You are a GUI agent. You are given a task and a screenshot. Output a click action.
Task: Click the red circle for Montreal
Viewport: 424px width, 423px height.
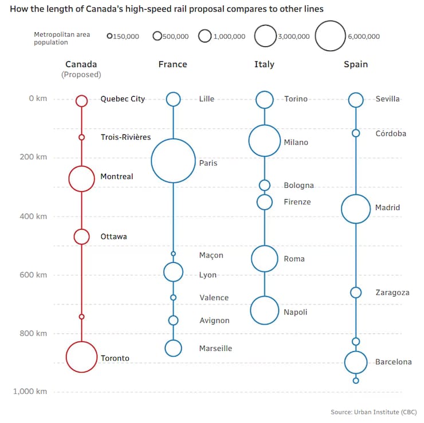pyautogui.click(x=81, y=179)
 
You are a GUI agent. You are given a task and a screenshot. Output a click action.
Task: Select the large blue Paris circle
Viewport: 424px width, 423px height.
pyautogui.click(x=173, y=161)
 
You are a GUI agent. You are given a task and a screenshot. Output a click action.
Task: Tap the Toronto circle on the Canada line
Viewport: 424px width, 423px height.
pyautogui.click(x=81, y=357)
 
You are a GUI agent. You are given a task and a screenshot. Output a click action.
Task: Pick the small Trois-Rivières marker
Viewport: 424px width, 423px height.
pyautogui.click(x=81, y=137)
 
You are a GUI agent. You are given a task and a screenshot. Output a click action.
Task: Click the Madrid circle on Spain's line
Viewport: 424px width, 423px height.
pyautogui.click(x=356, y=209)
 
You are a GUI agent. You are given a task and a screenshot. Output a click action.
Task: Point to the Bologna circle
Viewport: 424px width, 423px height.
pyautogui.click(x=264, y=185)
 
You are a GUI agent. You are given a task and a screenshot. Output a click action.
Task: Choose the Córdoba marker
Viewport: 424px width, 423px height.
pyautogui.click(x=356, y=133)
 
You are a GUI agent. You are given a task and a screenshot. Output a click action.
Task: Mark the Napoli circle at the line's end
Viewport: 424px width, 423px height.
pyautogui.click(x=264, y=311)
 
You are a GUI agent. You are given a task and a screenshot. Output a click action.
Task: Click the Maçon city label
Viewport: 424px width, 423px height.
pyautogui.click(x=211, y=255)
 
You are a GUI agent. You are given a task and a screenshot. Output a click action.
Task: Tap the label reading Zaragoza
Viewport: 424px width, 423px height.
pyautogui.click(x=392, y=292)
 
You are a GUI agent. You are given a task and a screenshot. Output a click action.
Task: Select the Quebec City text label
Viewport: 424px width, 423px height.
pyautogui.click(x=123, y=99)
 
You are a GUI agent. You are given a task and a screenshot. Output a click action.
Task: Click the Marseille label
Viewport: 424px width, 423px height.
pyautogui.click(x=215, y=348)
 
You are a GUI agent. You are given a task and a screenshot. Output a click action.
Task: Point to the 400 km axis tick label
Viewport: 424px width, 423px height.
pyautogui.click(x=34, y=216)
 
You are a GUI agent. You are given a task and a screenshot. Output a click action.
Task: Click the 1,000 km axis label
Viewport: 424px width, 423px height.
pyautogui.click(x=30, y=392)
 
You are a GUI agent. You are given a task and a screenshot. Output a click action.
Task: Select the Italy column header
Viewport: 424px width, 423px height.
pyautogui.click(x=264, y=64)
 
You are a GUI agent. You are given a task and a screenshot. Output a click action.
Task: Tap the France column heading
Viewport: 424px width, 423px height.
pyautogui.click(x=172, y=64)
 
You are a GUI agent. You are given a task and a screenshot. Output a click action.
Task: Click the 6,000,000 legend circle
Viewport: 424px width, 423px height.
pyautogui.click(x=330, y=36)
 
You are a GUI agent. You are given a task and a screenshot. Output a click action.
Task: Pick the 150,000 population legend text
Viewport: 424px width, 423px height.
pyautogui.click(x=126, y=37)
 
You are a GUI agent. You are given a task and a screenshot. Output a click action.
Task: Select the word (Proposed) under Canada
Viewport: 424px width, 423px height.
pyautogui.click(x=81, y=75)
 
